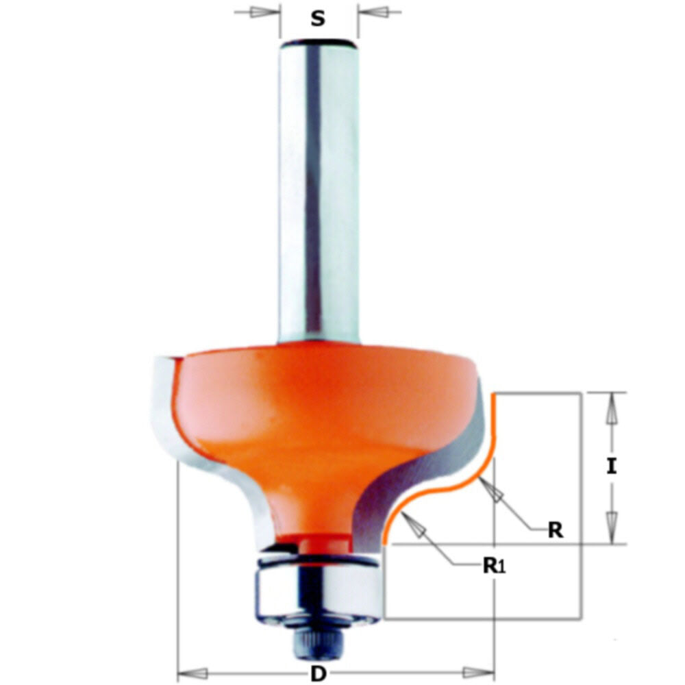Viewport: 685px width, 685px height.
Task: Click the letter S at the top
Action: tap(318, 18)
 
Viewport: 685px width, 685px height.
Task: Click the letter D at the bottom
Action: tap(317, 673)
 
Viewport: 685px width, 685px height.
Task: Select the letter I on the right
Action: tap(611, 467)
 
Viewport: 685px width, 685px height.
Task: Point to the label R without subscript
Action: tap(556, 530)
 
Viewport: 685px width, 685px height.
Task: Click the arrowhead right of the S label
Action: tap(371, 12)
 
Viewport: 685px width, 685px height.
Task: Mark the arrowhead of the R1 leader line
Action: tap(415, 525)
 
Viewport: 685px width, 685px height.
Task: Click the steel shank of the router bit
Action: tap(318, 192)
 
